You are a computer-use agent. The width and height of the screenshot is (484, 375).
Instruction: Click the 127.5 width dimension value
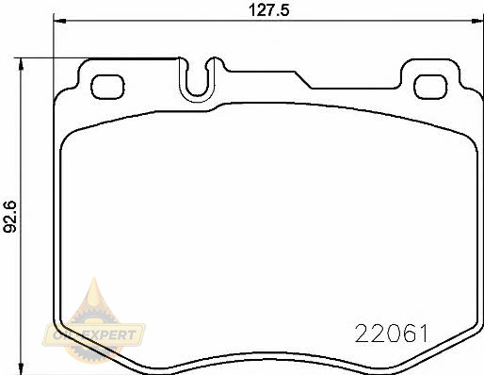point(268,10)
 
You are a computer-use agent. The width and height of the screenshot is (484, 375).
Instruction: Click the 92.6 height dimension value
point(9,217)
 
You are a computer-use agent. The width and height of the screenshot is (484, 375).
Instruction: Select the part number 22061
point(392,334)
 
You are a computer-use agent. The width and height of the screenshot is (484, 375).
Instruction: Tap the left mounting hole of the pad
point(107,87)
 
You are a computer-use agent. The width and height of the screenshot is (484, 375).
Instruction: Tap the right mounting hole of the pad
point(430,87)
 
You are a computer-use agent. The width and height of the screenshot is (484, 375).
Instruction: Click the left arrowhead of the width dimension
point(59,21)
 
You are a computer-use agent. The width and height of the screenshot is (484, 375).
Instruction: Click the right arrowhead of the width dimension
point(477,21)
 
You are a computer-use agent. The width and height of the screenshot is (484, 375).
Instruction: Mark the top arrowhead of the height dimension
point(21,65)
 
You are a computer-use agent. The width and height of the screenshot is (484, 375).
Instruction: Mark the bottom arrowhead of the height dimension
point(21,368)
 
